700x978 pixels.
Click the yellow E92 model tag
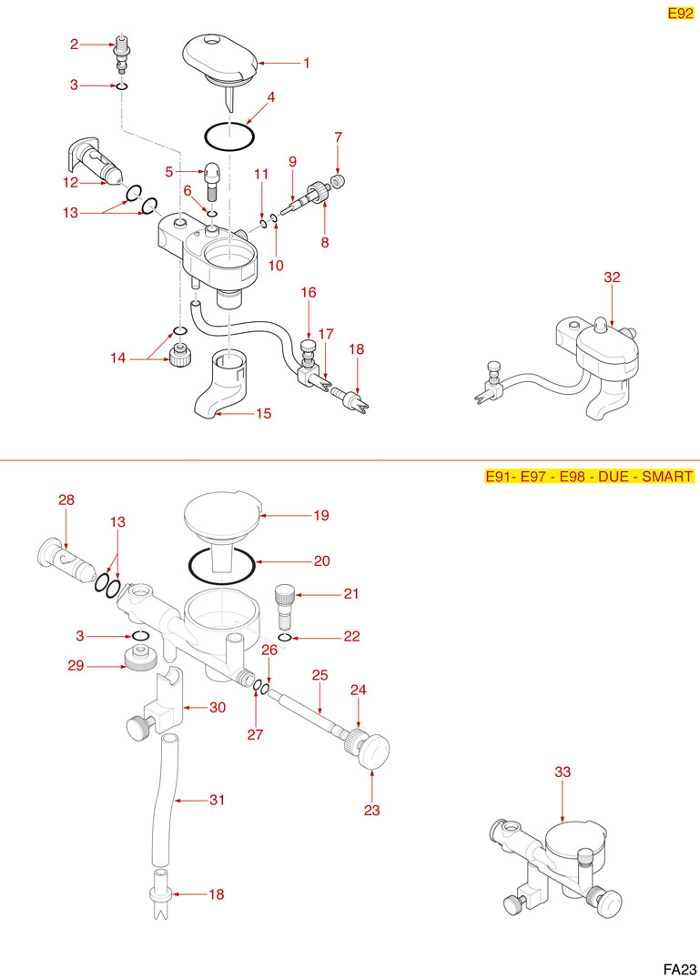681,13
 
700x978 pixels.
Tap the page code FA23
680,968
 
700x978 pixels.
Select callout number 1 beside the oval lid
307,64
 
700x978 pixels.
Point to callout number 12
70,182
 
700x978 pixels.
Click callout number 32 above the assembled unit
612,277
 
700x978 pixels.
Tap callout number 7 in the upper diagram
338,137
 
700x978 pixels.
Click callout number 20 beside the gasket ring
321,561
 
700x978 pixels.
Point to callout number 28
66,500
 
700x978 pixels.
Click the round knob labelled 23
375,750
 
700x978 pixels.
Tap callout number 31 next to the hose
217,801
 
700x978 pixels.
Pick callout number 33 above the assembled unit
563,771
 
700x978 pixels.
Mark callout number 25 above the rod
320,677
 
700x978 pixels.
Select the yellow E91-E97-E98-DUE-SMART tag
590,477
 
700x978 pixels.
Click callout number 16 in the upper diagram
309,293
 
